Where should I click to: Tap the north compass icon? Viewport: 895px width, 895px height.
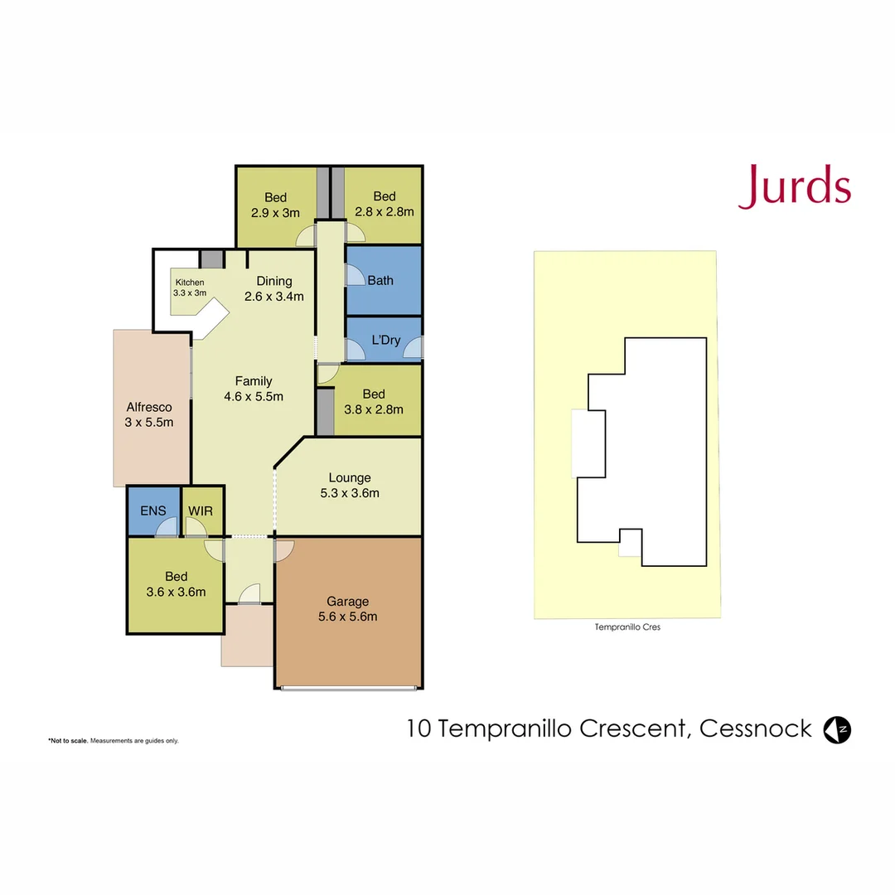point(837,729)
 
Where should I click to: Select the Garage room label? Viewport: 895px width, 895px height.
point(347,602)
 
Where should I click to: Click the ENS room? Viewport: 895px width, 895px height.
point(153,511)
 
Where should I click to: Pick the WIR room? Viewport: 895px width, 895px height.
point(201,511)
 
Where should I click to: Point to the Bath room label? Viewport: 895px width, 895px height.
point(380,280)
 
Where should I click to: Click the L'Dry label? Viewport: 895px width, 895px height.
point(385,340)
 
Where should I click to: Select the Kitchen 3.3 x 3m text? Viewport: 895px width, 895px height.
point(189,288)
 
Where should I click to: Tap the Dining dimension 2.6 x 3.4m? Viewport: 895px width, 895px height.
point(274,296)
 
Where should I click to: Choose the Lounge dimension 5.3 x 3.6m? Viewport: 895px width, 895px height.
point(349,493)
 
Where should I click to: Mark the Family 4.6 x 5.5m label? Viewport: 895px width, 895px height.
point(254,389)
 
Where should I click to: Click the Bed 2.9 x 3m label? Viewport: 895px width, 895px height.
point(275,204)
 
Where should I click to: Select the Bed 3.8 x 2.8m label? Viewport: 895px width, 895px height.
point(374,401)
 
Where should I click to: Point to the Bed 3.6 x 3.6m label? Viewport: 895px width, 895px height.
point(176,584)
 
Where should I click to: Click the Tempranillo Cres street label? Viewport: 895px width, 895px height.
point(627,627)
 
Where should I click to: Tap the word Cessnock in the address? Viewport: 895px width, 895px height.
point(755,729)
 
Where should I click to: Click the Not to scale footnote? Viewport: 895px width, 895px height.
point(113,740)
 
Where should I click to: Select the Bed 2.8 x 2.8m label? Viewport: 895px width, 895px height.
point(384,204)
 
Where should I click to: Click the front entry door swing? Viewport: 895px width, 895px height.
point(249,593)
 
